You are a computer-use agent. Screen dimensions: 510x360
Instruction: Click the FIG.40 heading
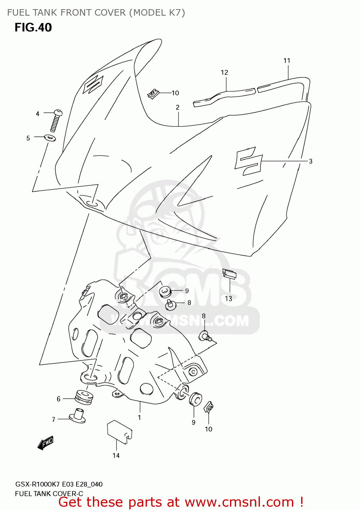[33, 28]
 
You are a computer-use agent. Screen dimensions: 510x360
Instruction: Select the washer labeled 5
[50, 138]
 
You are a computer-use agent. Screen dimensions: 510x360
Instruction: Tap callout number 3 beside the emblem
[310, 161]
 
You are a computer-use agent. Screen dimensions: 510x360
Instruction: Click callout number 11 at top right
[287, 61]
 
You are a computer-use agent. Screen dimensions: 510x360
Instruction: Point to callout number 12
[224, 72]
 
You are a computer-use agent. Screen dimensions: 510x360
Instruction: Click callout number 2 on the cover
[178, 107]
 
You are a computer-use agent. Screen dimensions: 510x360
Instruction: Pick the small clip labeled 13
[229, 274]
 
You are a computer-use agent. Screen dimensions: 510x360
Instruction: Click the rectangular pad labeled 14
[119, 431]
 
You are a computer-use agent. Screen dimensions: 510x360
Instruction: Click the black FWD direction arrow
[46, 443]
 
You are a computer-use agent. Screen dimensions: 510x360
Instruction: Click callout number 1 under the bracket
[139, 417]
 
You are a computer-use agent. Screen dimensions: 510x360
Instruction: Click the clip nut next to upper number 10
[154, 93]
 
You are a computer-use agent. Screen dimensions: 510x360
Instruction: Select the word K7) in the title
[177, 13]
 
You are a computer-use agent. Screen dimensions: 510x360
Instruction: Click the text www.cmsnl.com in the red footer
[239, 502]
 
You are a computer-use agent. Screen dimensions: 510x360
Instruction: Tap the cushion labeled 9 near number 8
[165, 291]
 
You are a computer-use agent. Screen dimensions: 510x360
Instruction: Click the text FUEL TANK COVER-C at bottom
[49, 493]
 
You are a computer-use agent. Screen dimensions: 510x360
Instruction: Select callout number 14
[116, 455]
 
